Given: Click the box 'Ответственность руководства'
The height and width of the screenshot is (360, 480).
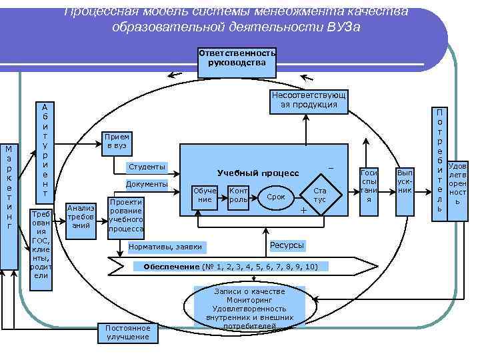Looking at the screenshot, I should pos(237,58).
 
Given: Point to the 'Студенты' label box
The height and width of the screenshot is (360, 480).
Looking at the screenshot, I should pos(147,167).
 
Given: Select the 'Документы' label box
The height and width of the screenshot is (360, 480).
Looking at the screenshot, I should pos(147,184).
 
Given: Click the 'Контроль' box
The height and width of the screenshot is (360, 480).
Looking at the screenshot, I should pos(238,195).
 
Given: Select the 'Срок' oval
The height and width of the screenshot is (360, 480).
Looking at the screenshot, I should pos(276,197).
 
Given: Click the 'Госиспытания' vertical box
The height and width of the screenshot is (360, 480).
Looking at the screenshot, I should pos(369,190).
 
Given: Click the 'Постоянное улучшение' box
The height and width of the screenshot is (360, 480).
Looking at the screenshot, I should pos(128,332).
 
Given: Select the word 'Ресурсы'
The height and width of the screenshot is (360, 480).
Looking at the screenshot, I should pos(287,245).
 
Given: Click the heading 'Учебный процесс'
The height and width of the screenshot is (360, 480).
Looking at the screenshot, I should pos(257,173).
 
